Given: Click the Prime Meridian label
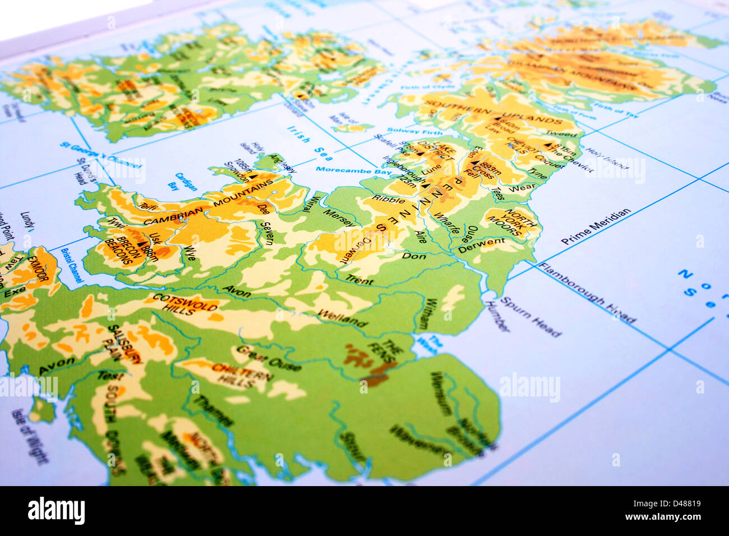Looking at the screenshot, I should [x=596, y=227].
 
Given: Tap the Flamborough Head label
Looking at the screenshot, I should [x=587, y=292].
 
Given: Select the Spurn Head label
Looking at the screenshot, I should [x=530, y=317].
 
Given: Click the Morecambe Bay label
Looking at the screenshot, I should [x=353, y=170].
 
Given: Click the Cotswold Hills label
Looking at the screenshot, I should [x=184, y=303].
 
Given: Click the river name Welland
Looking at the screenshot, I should [x=342, y=318].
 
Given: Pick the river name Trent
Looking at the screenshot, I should [x=359, y=279].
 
